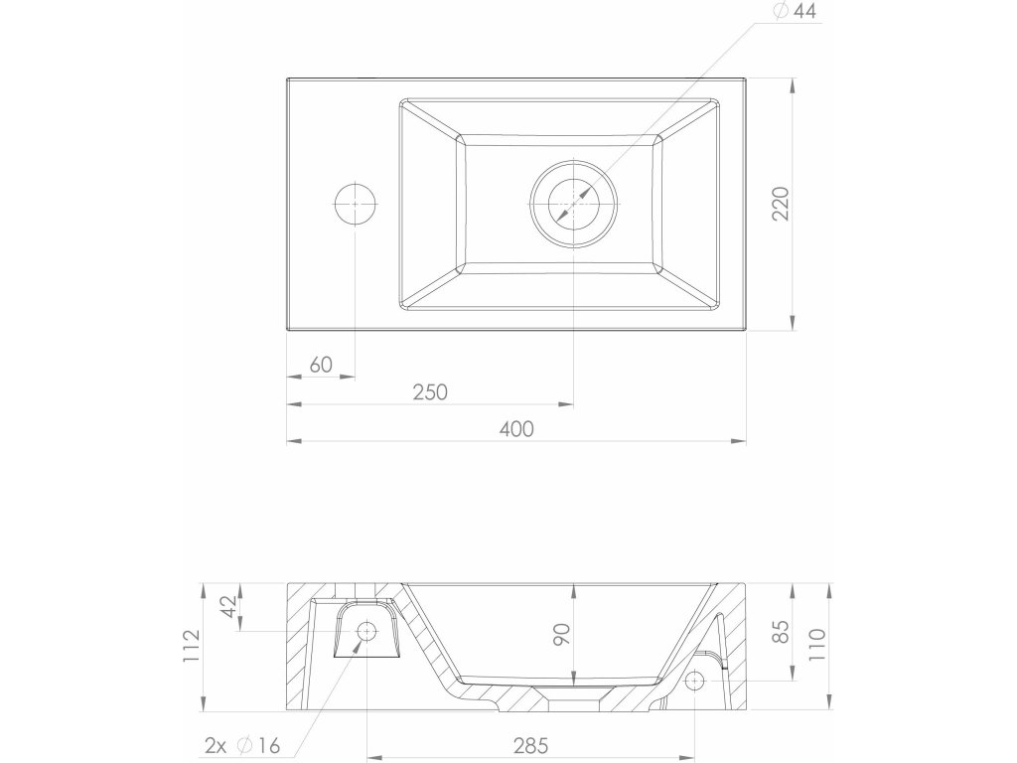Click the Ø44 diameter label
795,11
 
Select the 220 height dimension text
781,204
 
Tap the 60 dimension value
321,365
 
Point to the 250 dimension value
431,391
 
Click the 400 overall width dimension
516,429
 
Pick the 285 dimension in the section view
530,746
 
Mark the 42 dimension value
228,607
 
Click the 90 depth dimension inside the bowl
562,635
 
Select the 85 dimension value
781,632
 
